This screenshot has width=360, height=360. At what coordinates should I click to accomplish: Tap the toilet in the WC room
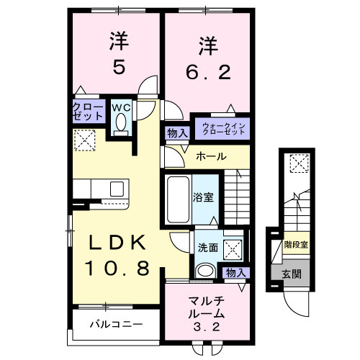120,127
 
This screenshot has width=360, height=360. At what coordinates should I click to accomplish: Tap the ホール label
211,156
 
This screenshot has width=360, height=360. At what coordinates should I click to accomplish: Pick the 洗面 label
207,247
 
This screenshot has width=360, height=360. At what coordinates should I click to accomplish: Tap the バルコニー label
115,324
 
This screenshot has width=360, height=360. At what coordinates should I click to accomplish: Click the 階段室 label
295,246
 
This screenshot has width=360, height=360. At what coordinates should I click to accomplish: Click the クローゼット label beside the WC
86,113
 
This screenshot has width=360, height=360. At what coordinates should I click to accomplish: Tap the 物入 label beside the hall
176,133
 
